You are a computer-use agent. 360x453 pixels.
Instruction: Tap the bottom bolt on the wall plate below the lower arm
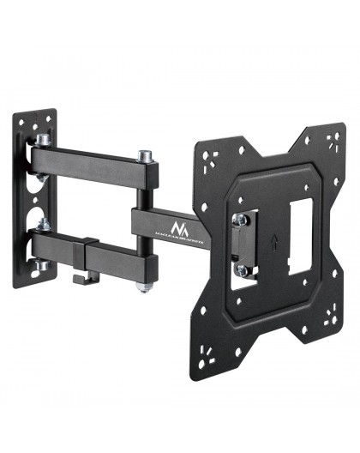pyautogui.click(x=39, y=268)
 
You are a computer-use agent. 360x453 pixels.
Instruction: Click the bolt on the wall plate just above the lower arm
pyautogui.click(x=40, y=226)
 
